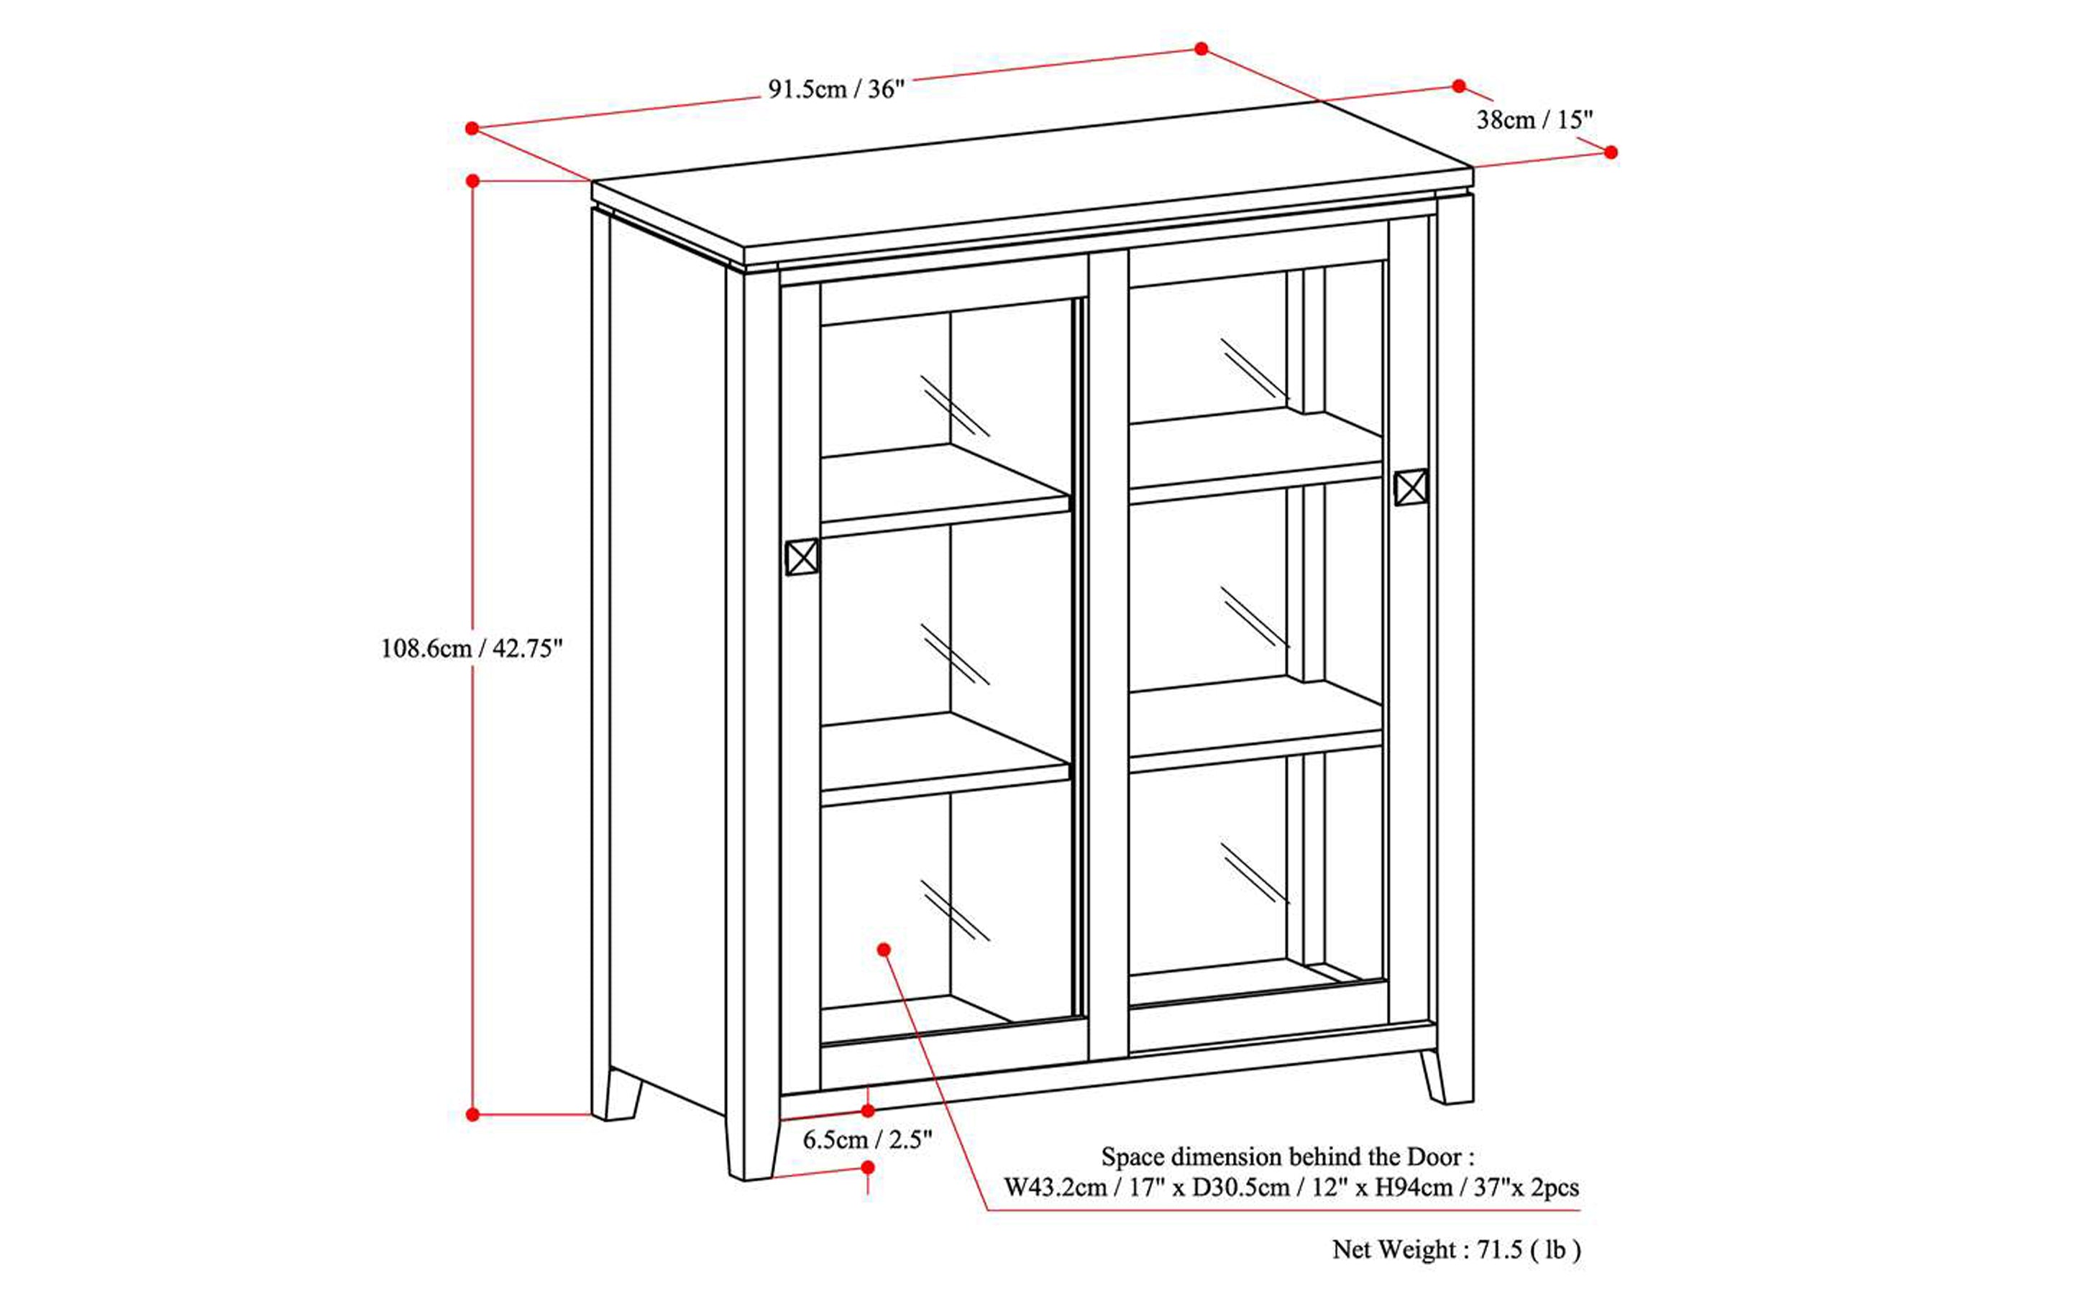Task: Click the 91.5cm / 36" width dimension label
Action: (x=836, y=89)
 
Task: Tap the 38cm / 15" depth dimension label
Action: (x=1535, y=119)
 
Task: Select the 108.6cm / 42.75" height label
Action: (x=471, y=648)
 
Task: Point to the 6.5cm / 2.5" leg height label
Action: (x=867, y=1140)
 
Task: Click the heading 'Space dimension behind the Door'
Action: (x=1288, y=1157)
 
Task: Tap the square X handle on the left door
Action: (x=802, y=557)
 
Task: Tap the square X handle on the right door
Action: (x=1411, y=487)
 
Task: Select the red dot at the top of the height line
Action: (x=472, y=180)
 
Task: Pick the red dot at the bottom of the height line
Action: (x=472, y=1114)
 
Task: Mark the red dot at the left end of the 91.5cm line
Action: (x=472, y=128)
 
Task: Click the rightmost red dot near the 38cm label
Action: (x=1611, y=152)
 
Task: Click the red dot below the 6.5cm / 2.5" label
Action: (x=868, y=1167)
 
